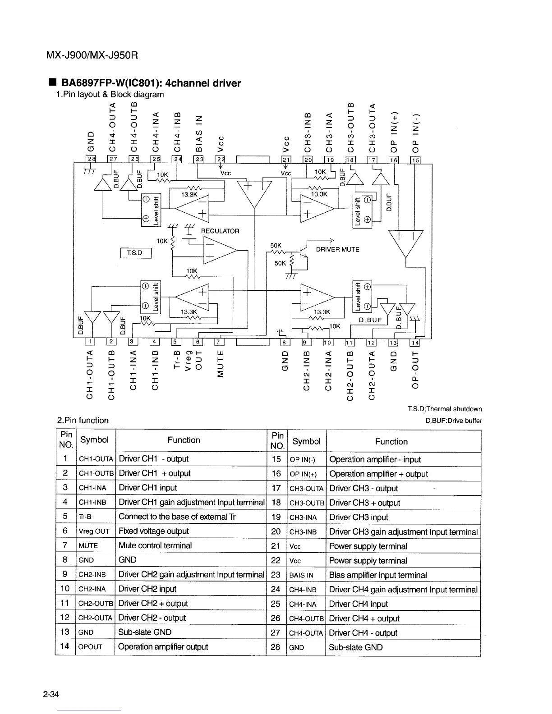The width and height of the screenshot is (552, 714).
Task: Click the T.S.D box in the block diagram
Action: click(136, 253)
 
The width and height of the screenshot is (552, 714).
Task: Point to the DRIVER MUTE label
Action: click(338, 249)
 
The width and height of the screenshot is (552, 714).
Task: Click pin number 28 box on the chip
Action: click(92, 159)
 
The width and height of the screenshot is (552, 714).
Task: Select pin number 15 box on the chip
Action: click(415, 160)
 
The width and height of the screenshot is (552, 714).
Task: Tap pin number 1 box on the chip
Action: click(91, 342)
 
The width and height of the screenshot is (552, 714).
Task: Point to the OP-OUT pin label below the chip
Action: click(415, 369)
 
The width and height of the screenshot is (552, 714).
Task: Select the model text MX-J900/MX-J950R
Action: click(92, 55)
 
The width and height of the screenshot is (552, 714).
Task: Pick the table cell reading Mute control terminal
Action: click(155, 545)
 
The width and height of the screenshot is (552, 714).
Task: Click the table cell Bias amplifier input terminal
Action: click(378, 575)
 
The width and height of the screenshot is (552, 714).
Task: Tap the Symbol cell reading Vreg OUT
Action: click(94, 531)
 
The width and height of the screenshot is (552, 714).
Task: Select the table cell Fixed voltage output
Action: click(154, 531)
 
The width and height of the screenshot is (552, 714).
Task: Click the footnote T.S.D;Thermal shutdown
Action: click(445, 409)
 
